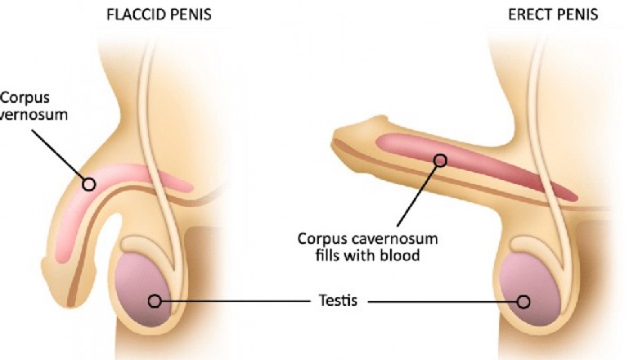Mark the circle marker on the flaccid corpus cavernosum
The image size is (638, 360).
88,183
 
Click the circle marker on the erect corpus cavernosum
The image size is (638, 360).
440,160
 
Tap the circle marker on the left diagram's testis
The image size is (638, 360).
154,301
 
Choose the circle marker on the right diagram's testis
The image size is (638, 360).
523,301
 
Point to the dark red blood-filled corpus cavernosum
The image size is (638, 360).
491,168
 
